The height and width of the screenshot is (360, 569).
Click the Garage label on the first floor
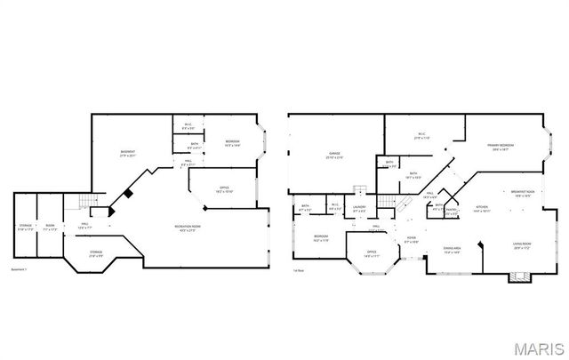tap(334, 155)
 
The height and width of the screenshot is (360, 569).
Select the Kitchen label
tap(482, 209)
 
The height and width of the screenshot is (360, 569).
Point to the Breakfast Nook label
tap(523, 192)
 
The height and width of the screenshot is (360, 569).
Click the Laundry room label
tap(359, 209)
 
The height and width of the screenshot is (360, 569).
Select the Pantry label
tap(451, 212)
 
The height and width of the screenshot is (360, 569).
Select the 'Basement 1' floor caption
tap(20, 269)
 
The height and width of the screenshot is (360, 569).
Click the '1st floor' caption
tap(300, 269)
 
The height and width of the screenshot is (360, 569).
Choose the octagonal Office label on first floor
tap(372, 254)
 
